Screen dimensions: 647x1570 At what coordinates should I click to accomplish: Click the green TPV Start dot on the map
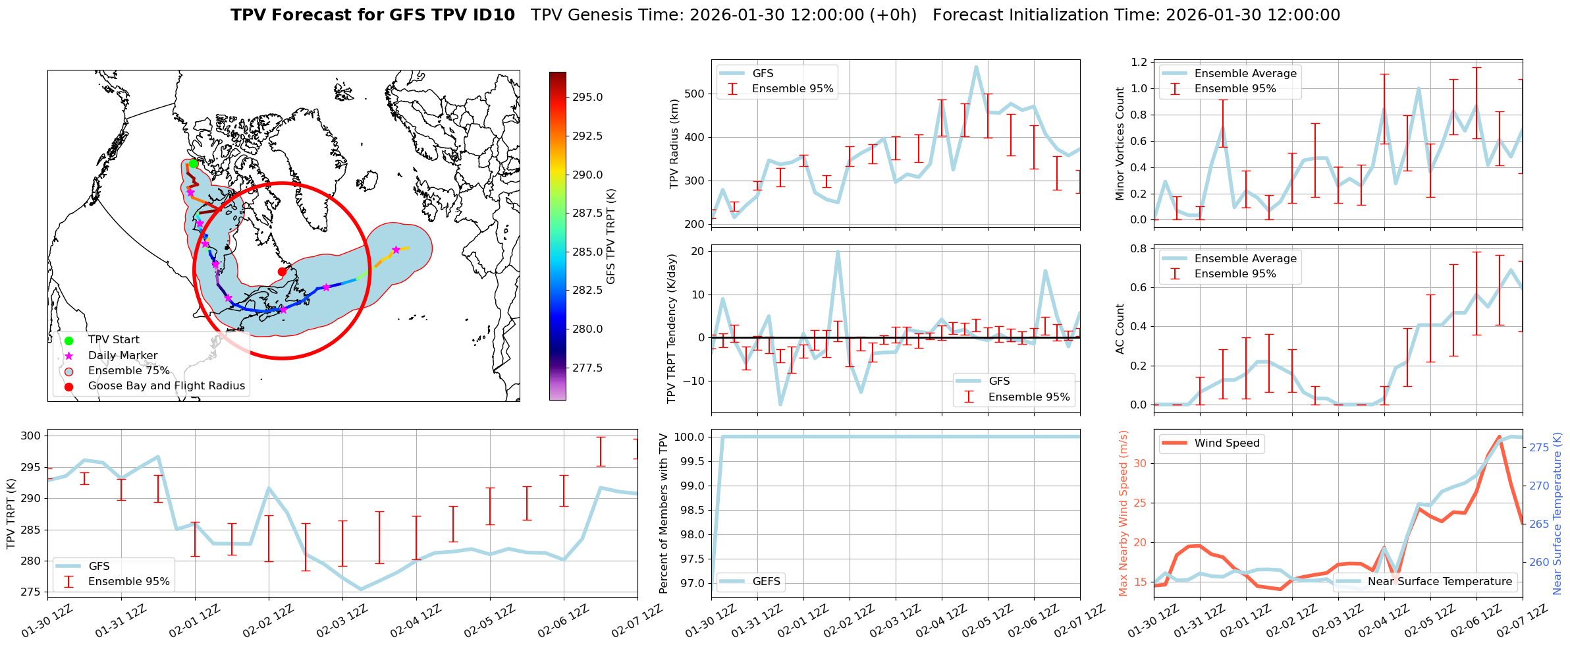point(193,163)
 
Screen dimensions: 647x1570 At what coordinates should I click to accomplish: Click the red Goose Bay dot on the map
point(282,271)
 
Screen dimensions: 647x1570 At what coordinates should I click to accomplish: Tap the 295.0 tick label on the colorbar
point(587,98)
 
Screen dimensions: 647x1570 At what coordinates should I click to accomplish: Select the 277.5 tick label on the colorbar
point(587,368)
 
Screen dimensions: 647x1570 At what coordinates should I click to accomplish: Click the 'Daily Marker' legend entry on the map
point(122,356)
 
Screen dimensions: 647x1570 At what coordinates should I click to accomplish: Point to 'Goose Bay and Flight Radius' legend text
point(166,386)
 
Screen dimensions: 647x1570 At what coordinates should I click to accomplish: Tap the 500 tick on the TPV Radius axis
point(695,94)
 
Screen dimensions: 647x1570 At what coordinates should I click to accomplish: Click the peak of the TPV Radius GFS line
point(976,67)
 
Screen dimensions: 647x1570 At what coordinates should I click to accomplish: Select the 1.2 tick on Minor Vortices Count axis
point(1139,62)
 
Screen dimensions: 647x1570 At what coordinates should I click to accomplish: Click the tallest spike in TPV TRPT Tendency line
point(838,252)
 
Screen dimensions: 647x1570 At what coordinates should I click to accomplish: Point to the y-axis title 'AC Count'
point(1120,329)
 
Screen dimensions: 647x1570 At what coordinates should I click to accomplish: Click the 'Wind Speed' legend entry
point(1227,443)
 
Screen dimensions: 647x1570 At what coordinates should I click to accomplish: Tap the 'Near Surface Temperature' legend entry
point(1440,581)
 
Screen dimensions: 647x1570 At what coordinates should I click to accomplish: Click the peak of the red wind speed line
point(1499,437)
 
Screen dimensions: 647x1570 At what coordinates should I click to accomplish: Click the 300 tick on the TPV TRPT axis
point(31,436)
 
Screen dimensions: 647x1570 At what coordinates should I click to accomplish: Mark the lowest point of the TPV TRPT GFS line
point(360,589)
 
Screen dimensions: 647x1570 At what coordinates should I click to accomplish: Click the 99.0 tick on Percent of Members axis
point(689,486)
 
